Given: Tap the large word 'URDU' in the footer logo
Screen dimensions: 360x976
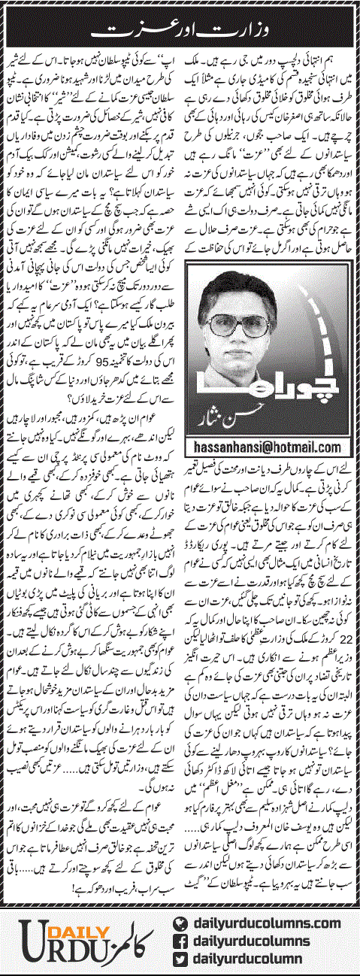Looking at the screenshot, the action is point(56,948).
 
